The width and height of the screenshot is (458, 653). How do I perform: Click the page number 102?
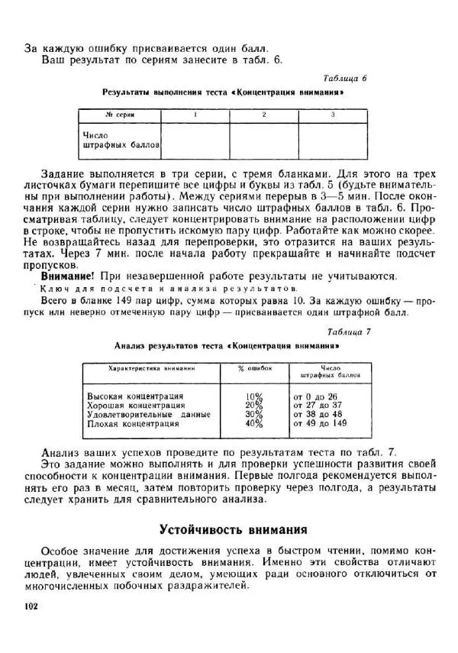(x=31, y=606)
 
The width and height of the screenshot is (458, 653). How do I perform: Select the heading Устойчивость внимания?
(x=233, y=529)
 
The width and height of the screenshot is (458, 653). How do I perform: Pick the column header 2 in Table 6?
(x=263, y=115)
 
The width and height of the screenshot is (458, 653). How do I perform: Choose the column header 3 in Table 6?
(x=332, y=115)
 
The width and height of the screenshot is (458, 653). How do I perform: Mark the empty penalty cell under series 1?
(x=195, y=139)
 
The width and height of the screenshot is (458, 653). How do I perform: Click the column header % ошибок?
(x=255, y=368)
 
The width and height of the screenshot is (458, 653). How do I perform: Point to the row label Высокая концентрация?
(x=135, y=396)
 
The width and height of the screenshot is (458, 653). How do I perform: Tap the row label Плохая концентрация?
(x=133, y=423)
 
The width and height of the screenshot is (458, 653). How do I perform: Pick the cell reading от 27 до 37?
(x=318, y=406)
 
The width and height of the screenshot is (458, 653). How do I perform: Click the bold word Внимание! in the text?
(x=67, y=275)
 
